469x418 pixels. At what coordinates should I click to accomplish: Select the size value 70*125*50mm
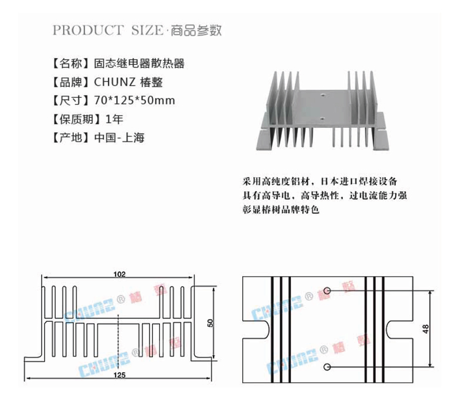click(134, 101)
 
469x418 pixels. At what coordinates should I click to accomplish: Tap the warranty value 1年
click(114, 120)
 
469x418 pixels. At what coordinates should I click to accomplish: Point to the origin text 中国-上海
click(119, 138)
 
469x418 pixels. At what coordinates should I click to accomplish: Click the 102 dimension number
click(120, 274)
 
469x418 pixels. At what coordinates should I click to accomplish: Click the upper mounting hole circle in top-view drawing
click(327, 291)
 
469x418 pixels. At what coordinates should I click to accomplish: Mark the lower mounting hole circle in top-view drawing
click(327, 367)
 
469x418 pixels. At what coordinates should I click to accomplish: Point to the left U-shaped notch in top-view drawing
click(256, 329)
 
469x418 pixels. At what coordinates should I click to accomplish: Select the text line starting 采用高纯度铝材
click(320, 180)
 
